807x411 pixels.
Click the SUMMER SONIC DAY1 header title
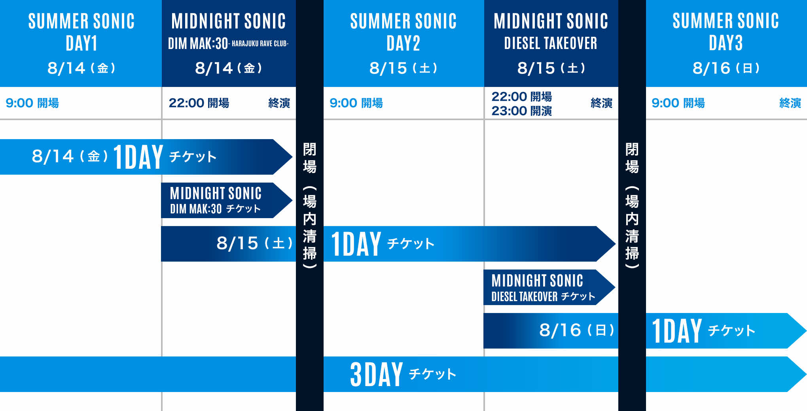(x=81, y=32)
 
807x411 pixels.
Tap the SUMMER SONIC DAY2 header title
(x=403, y=32)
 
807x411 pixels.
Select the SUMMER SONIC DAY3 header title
(x=726, y=32)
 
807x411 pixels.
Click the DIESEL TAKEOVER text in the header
(x=551, y=43)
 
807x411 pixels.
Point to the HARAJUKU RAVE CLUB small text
(x=260, y=43)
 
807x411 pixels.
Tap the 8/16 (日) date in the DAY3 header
(x=726, y=68)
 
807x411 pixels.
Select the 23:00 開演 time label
(x=521, y=111)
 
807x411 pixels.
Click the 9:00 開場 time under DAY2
(x=356, y=103)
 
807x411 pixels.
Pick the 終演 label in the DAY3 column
(x=790, y=103)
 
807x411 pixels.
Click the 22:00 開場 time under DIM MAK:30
(x=199, y=103)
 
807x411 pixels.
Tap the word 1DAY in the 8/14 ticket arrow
(x=138, y=157)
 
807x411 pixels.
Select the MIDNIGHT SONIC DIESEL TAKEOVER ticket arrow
(x=549, y=287)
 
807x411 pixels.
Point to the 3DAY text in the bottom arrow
(x=376, y=374)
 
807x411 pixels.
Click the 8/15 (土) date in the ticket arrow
(x=254, y=243)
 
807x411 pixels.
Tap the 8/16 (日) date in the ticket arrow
(x=577, y=330)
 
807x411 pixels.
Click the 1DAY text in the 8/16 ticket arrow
(x=677, y=331)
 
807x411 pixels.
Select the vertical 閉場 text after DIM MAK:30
(x=310, y=158)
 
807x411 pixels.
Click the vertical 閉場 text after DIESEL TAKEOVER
(x=632, y=158)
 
